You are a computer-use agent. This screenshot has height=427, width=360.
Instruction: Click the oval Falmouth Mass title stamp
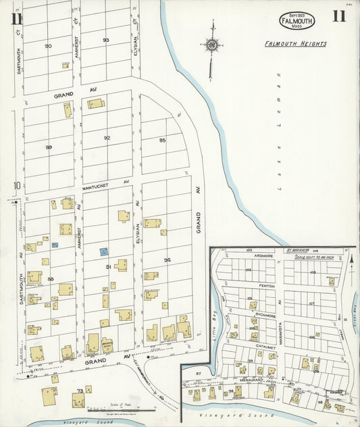(x=297, y=21)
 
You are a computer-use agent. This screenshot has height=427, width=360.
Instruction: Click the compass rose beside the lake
(x=211, y=45)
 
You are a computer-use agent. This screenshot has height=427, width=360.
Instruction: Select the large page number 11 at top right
(x=338, y=16)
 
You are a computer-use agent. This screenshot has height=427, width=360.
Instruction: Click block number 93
(x=106, y=41)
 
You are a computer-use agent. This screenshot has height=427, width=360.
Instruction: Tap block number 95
(x=162, y=140)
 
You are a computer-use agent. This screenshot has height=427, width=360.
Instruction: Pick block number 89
(x=49, y=147)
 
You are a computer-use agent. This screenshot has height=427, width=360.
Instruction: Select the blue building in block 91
(x=103, y=251)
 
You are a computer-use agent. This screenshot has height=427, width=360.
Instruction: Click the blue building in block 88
(x=55, y=245)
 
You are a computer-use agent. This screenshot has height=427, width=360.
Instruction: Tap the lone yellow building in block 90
(x=66, y=65)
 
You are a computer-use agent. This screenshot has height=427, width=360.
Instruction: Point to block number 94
(x=167, y=259)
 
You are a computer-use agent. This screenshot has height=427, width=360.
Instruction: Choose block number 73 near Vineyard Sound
(x=80, y=391)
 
